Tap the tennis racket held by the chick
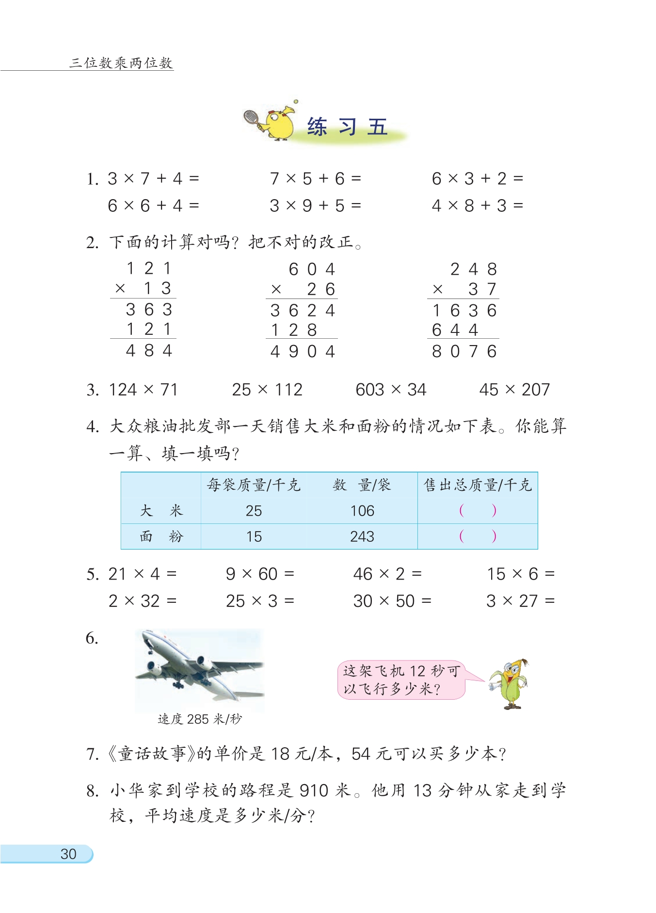pos(252,117)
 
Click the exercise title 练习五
pos(347,127)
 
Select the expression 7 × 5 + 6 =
pos(315,179)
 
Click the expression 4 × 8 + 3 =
pos(477,206)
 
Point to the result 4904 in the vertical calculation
pos(303,351)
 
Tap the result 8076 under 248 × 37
pos(464,351)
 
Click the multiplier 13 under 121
pos(157,289)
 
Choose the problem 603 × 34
pos(390,390)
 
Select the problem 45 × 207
pos(514,390)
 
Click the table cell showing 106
pos(362,511)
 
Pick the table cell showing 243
pos(362,536)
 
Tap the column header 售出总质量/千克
pos(478,485)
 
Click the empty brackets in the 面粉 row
pos(478,536)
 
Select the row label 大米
pos(161,511)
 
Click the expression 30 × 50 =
pos(392,601)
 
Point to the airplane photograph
pos(200,670)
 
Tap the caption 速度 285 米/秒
pos(200,719)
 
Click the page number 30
pos(68,854)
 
